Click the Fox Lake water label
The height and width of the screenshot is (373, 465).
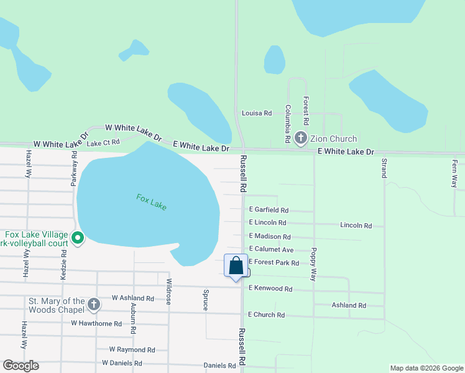pos(152,202)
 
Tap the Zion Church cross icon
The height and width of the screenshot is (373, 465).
pos(301,138)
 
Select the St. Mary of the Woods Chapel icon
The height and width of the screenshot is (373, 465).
pos(93,304)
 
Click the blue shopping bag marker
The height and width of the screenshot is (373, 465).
pos(236,266)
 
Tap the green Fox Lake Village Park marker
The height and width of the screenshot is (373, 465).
pos(78,238)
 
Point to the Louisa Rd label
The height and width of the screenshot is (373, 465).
pos(257,113)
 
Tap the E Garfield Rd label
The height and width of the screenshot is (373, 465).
pos(269,210)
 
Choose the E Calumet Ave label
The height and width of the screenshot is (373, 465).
pos(271,249)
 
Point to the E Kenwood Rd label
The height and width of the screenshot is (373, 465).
pos(270,288)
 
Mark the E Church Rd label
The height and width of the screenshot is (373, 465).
pos(266,315)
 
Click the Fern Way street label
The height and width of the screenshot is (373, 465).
pos(454,173)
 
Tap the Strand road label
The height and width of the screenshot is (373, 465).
pos(384,168)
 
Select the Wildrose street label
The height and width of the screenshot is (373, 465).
pos(168,291)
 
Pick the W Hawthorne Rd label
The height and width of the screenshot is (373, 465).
pos(96,323)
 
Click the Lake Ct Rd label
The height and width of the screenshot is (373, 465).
pos(103,143)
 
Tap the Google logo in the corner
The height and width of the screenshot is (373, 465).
pos(21,366)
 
